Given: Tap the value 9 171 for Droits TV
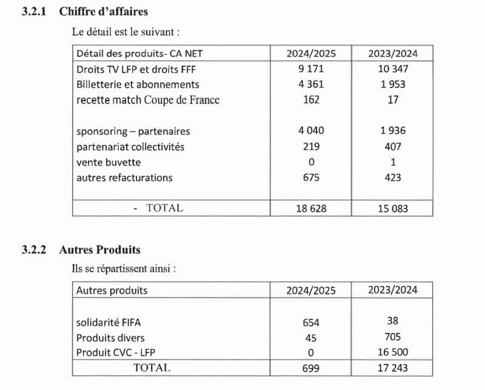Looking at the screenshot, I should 311,70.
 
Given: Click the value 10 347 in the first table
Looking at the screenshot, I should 393,70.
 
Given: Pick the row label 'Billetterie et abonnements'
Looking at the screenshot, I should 138,85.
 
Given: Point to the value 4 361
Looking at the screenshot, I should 311,85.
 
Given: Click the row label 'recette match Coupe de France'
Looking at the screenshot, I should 148,100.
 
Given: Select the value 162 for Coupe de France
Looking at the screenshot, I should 311,100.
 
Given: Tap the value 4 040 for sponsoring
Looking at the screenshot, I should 311,131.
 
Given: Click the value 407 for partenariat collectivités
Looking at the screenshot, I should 393,147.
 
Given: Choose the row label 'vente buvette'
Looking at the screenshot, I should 109,162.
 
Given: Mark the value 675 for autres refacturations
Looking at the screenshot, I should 311,178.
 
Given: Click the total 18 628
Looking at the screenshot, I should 311,209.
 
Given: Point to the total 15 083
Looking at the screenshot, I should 393,209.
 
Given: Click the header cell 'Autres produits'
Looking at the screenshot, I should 112,291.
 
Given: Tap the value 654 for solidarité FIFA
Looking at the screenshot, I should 311,322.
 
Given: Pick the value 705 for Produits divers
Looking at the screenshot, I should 393,337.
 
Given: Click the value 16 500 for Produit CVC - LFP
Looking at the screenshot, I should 393,352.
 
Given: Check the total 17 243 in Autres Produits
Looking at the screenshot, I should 393,368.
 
